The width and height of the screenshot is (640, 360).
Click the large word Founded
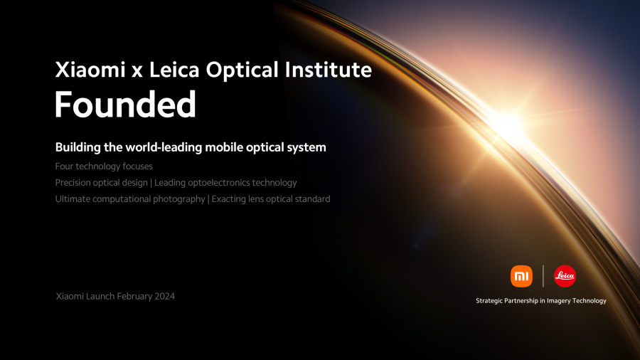125,105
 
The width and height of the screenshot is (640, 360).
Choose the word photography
178,199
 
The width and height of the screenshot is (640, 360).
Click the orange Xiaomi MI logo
521,276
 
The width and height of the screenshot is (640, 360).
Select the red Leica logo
565,276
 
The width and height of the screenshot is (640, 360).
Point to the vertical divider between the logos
543,276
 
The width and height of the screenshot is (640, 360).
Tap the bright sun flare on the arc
511,125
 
